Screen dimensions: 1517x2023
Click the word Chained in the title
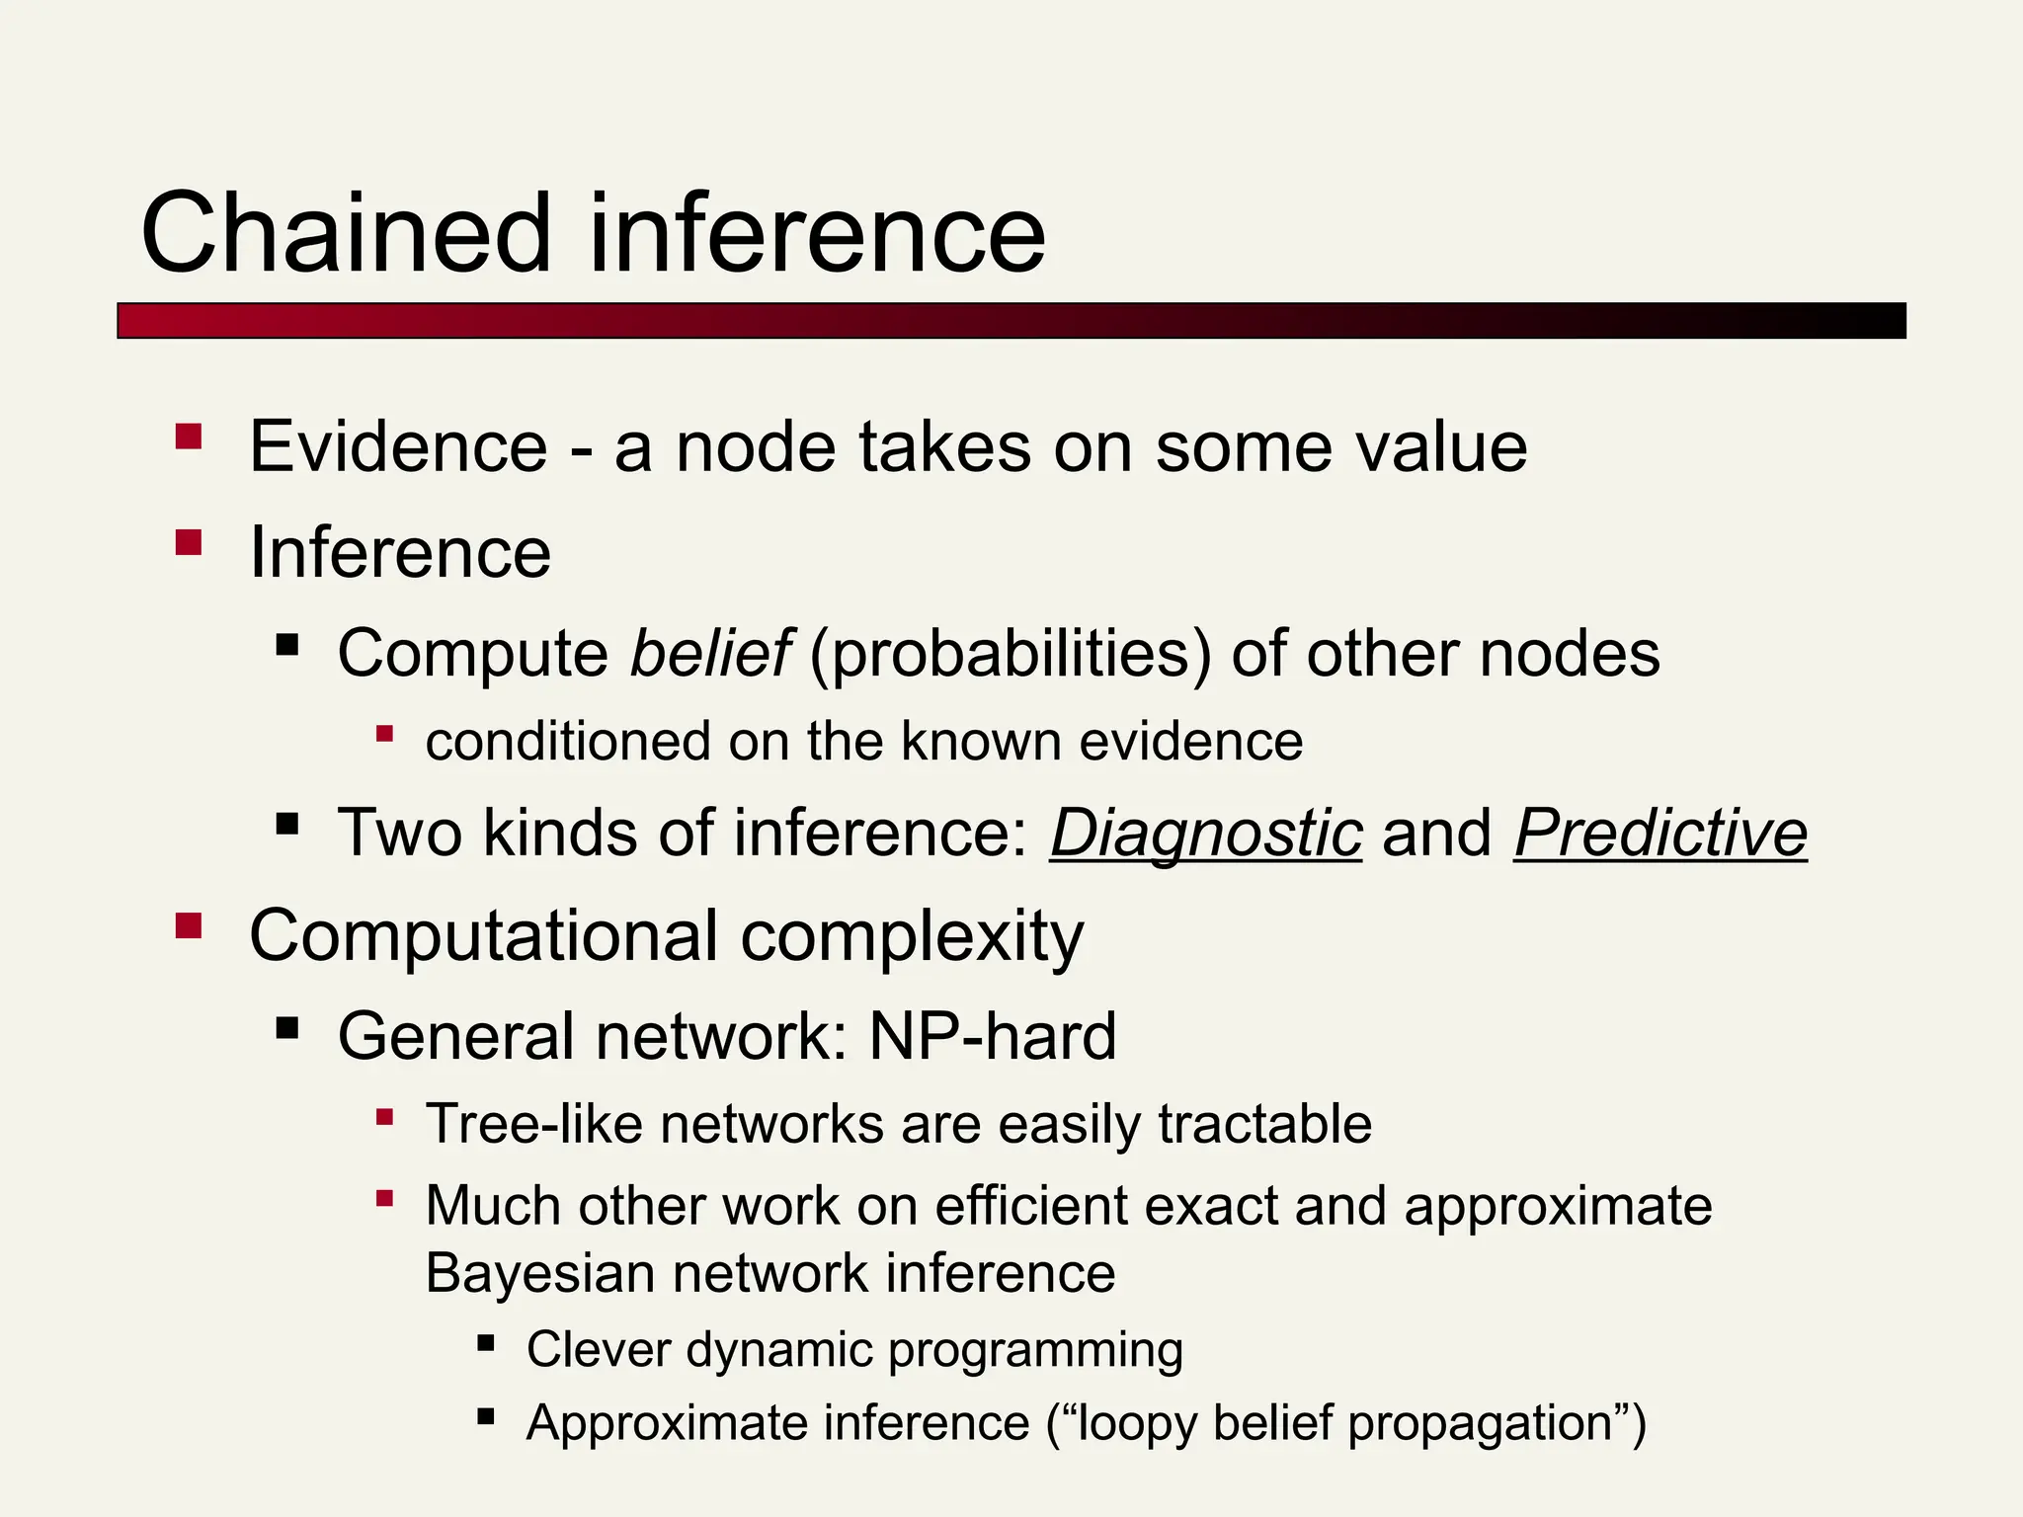(x=346, y=234)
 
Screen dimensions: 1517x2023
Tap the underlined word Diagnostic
(x=1206, y=833)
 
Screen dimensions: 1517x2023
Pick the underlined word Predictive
(x=1660, y=833)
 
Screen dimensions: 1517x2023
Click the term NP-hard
(x=993, y=1036)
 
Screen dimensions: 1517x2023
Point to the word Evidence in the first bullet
(x=398, y=447)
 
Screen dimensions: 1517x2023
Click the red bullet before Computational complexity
(x=189, y=925)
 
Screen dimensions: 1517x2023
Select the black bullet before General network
(x=287, y=1029)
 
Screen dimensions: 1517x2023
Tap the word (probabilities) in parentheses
(x=1011, y=655)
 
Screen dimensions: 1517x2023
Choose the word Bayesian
(x=539, y=1273)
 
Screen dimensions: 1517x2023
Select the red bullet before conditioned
(x=385, y=734)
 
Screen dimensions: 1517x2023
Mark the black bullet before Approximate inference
(x=485, y=1417)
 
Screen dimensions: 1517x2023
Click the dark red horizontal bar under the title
(x=1011, y=321)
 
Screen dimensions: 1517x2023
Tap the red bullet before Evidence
(x=189, y=437)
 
